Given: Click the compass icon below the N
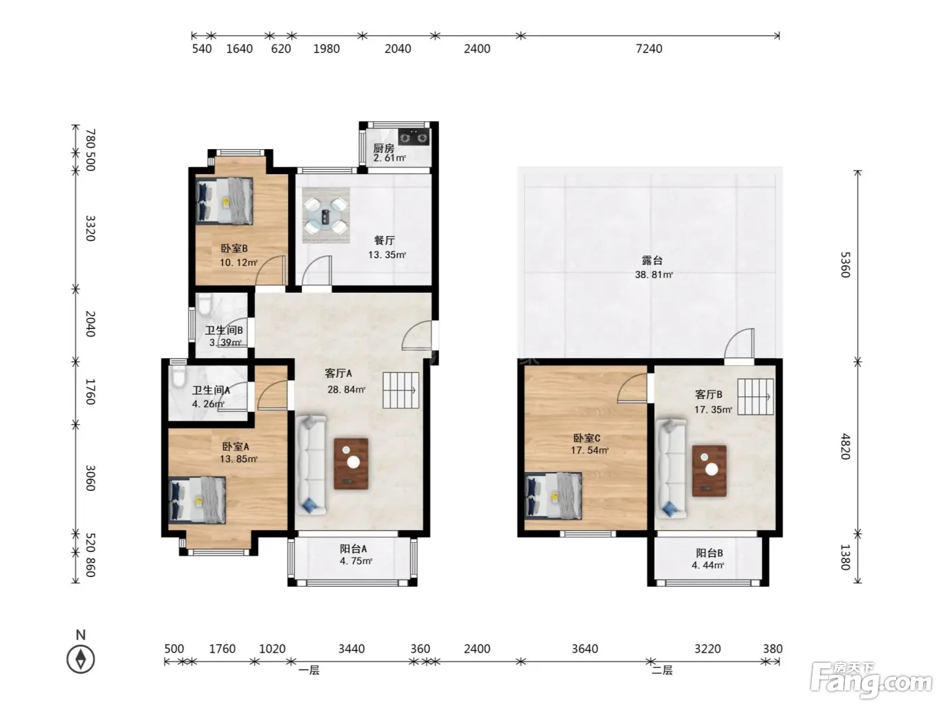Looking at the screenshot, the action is click(80, 659).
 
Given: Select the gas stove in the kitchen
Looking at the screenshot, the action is click(414, 138).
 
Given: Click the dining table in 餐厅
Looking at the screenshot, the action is click(326, 216).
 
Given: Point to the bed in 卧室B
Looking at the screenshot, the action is click(224, 201).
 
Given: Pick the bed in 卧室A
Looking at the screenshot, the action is click(198, 500).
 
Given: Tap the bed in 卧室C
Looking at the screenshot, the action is click(553, 496).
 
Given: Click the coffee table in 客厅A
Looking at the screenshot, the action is click(351, 464).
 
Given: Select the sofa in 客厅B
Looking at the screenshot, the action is click(671, 468).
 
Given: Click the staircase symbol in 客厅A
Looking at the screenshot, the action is click(401, 390).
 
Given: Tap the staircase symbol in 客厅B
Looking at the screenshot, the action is click(756, 396).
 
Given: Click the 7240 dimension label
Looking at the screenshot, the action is click(649, 49).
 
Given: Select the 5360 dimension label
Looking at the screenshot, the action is click(846, 265).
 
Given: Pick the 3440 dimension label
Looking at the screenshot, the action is click(351, 649).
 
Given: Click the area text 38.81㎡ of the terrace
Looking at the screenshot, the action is click(653, 274).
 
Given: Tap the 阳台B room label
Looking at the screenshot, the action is click(709, 553).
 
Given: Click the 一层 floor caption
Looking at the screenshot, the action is click(309, 670).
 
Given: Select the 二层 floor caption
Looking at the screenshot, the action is click(662, 670).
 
